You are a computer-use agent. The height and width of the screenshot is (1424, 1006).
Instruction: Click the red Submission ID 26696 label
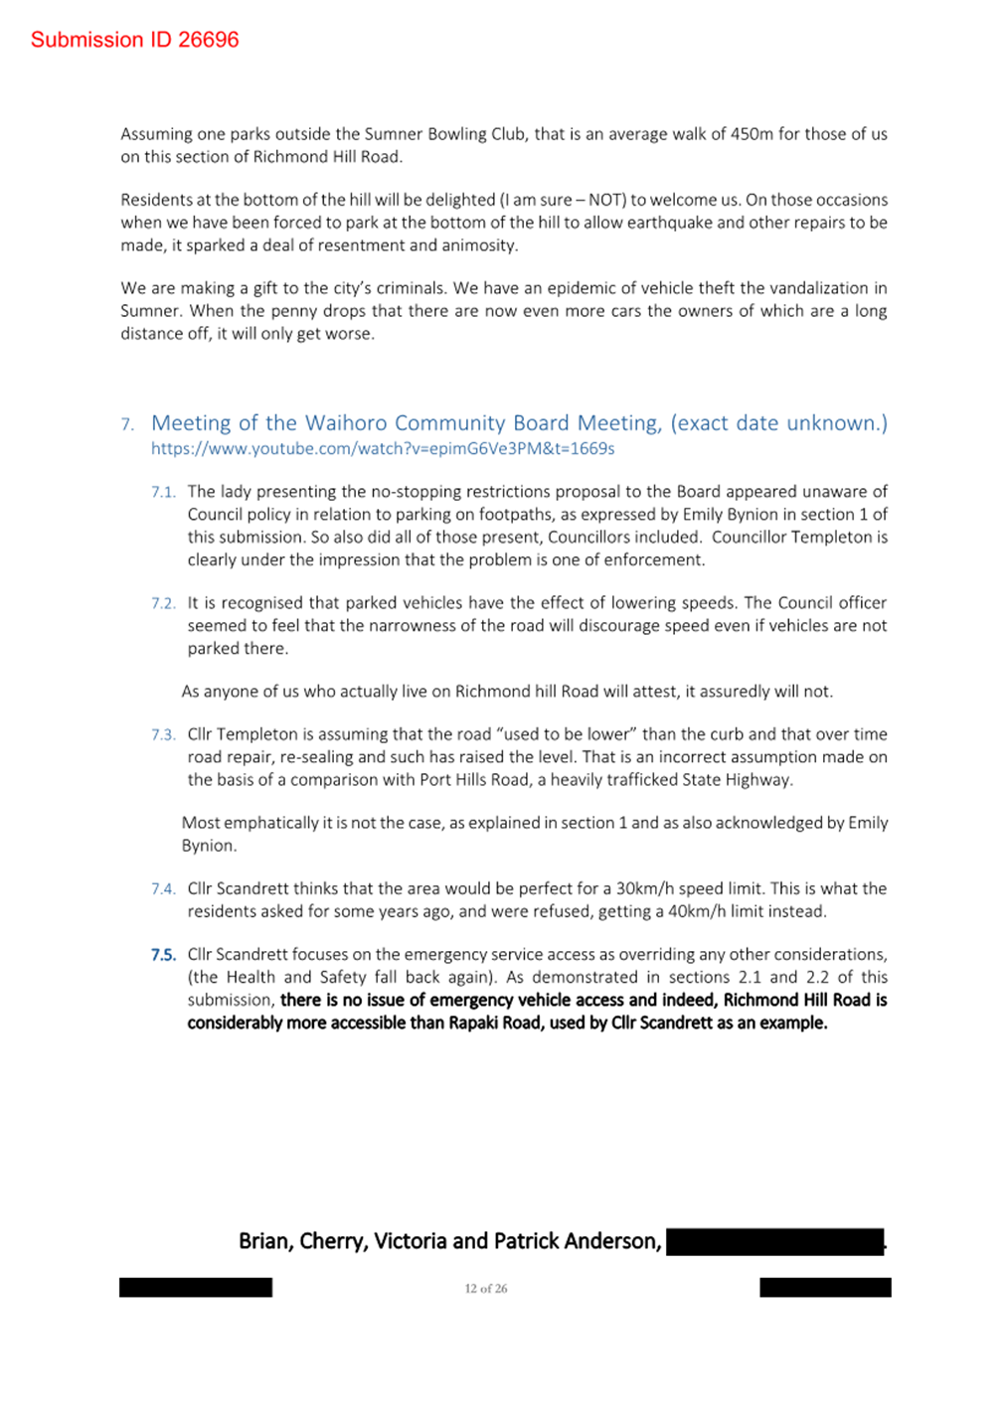(x=134, y=40)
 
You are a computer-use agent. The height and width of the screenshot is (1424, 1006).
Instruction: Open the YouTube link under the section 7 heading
(x=383, y=449)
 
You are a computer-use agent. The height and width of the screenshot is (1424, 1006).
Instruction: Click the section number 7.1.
(x=163, y=492)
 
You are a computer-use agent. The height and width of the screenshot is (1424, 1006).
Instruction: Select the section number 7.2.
(x=163, y=603)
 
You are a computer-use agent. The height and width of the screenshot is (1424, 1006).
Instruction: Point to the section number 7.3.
(x=163, y=735)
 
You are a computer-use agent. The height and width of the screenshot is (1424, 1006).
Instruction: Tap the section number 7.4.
(x=163, y=889)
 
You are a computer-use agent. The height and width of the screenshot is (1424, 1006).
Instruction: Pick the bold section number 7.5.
(x=163, y=955)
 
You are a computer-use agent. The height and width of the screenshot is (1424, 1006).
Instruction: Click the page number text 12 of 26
(x=485, y=1289)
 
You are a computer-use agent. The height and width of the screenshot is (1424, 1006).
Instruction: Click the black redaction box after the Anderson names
(x=774, y=1242)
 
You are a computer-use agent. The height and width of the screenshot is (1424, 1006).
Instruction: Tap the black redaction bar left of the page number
(x=196, y=1288)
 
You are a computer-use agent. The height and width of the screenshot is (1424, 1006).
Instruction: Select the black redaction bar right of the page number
(x=825, y=1288)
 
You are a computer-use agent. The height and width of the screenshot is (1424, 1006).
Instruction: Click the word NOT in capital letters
(x=605, y=200)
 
